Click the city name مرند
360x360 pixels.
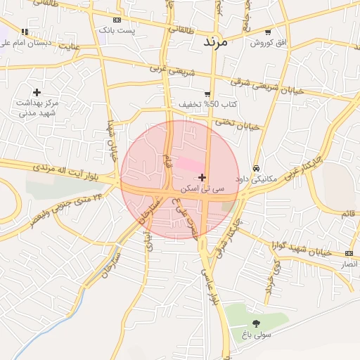pos(217,42)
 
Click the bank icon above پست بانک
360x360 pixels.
pos(116,20)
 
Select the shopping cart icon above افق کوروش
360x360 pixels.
pos(269,32)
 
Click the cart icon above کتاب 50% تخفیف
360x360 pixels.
pos(207,94)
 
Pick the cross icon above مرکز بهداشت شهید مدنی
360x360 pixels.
pos(37,92)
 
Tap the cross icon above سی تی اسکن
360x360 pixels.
pos(202,177)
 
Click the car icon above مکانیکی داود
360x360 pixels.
pos(257,169)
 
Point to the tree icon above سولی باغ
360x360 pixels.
pos(255,323)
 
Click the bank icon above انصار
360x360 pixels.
pos(349,253)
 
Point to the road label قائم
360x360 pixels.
pos(347,213)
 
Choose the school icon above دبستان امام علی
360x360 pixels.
pos(25,32)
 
